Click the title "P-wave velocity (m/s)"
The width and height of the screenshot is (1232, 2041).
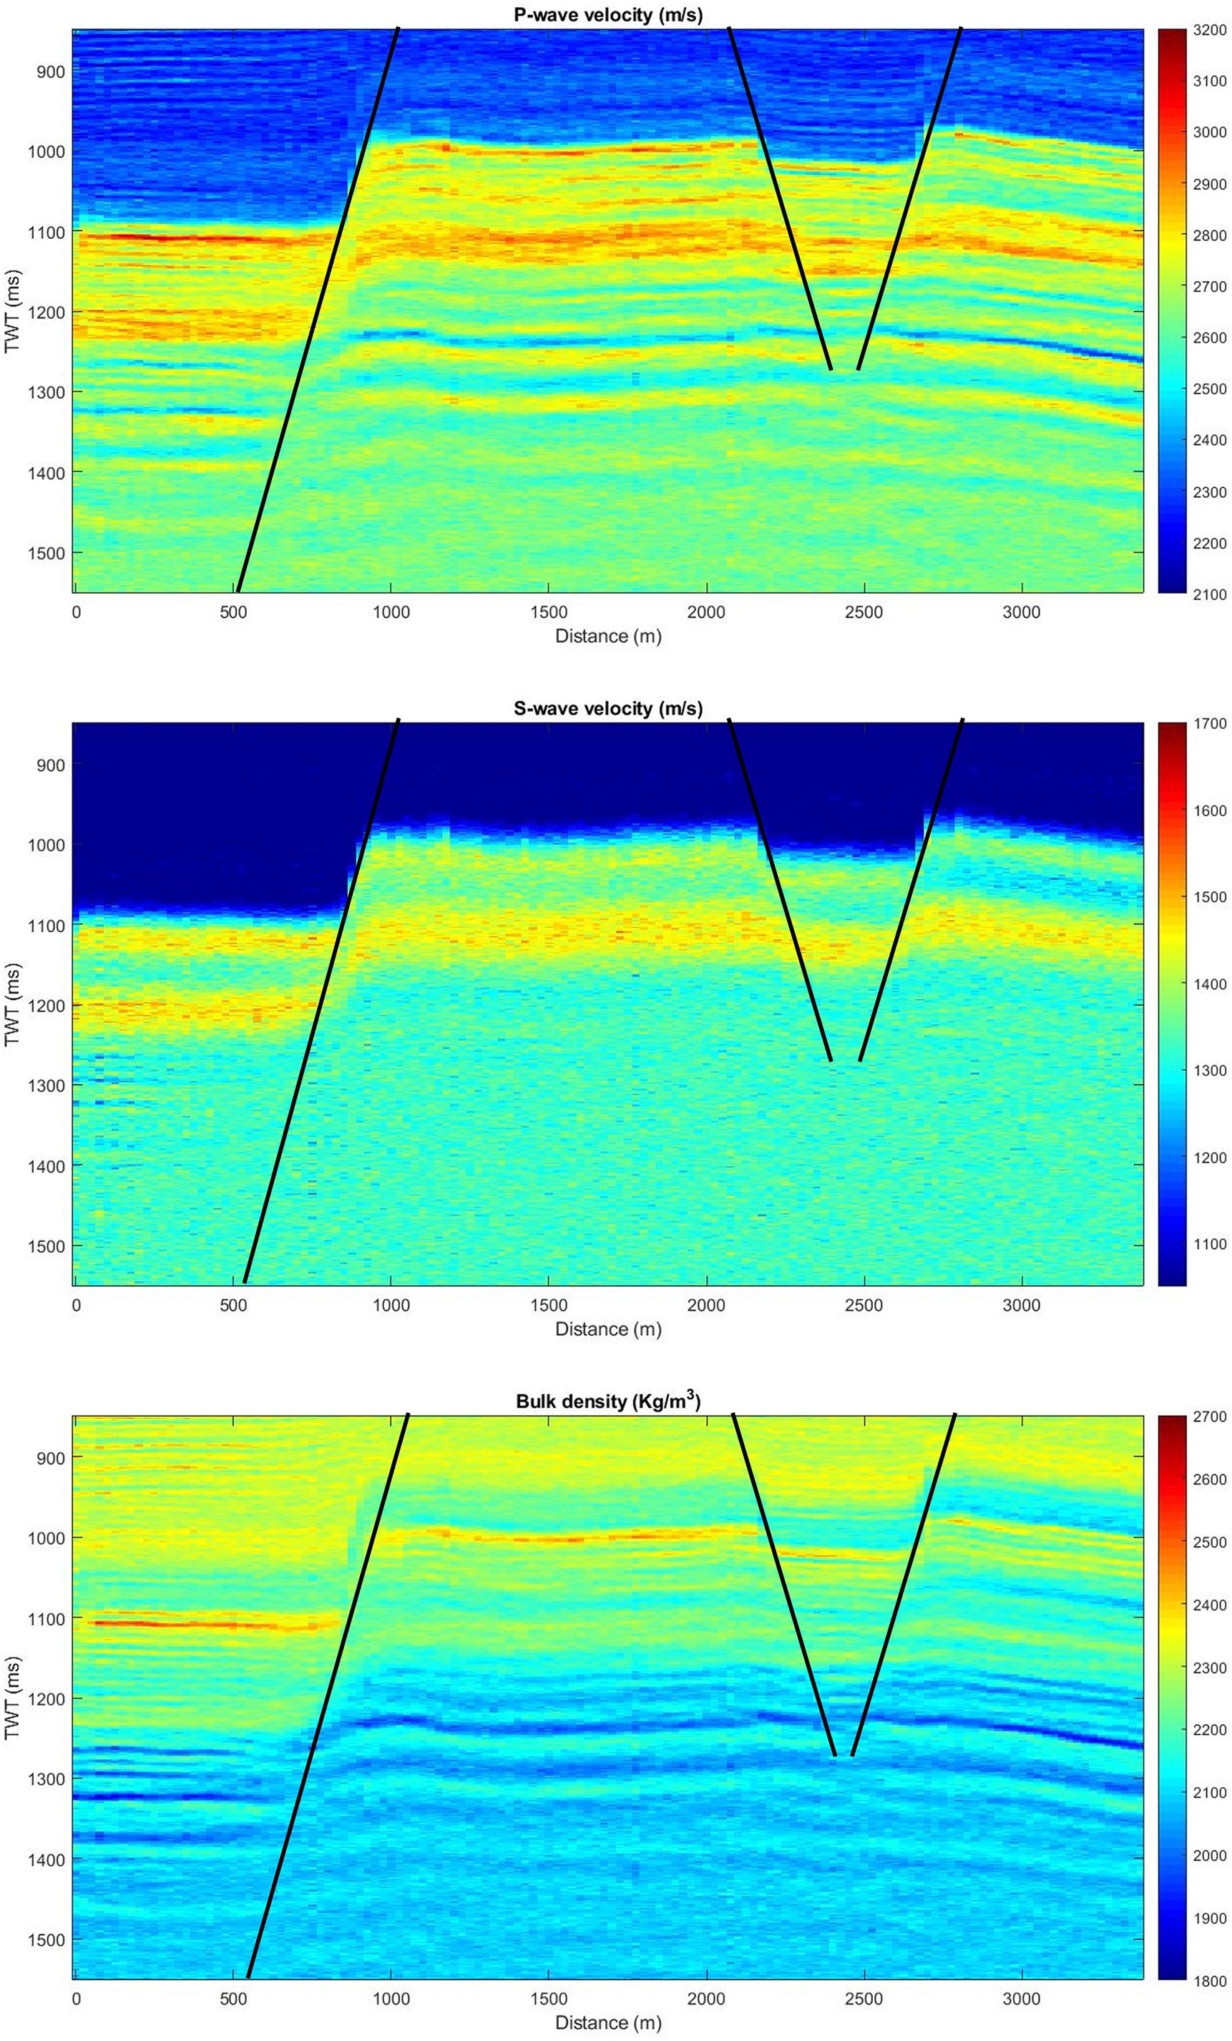(607, 14)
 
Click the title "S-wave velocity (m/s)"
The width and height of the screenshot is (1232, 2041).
(607, 708)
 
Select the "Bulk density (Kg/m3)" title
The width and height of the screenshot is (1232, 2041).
(607, 1401)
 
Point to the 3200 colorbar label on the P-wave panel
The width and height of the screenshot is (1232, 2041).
(1209, 31)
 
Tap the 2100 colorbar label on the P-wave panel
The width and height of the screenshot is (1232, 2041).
(1209, 594)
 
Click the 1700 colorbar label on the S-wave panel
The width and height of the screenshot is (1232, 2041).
(1209, 724)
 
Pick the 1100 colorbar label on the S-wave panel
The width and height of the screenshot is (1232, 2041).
(1209, 1243)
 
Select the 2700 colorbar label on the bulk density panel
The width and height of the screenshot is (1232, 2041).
(1209, 1416)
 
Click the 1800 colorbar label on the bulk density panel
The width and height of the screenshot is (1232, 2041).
(1209, 1980)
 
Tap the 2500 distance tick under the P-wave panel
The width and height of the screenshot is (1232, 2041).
(864, 612)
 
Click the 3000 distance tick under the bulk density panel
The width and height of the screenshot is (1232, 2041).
(1021, 1998)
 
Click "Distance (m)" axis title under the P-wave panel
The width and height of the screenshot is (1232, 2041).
(607, 636)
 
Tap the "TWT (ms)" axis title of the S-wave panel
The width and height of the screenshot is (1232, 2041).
(12, 1003)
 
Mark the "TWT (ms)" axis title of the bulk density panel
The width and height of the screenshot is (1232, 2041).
(12, 1697)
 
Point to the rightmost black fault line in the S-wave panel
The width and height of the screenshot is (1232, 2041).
(911, 891)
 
